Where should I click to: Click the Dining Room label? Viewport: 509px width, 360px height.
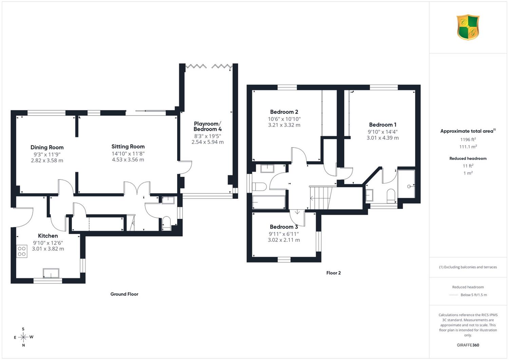pyautogui.click(x=47, y=147)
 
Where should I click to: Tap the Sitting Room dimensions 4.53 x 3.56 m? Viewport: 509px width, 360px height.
pyautogui.click(x=128, y=159)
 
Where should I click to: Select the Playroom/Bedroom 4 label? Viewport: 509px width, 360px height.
pyautogui.click(x=207, y=126)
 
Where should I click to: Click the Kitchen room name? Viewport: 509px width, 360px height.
pyautogui.click(x=48, y=236)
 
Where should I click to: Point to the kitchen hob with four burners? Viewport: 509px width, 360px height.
pyautogui.click(x=22, y=251)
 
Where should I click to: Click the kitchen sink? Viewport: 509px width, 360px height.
pyautogui.click(x=51, y=273)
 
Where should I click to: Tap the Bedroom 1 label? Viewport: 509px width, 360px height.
pyautogui.click(x=383, y=125)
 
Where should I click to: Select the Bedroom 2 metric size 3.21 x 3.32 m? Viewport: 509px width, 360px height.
pyautogui.click(x=284, y=125)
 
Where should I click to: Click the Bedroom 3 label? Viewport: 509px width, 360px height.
pyautogui.click(x=284, y=227)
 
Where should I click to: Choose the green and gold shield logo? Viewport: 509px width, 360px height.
pyautogui.click(x=468, y=27)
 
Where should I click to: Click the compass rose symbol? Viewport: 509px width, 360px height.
pyautogui.click(x=23, y=337)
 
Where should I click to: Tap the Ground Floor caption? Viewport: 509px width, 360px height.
pyautogui.click(x=124, y=294)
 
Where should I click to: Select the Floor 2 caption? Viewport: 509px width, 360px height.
pyautogui.click(x=334, y=273)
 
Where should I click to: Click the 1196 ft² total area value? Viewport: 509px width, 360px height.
pyautogui.click(x=468, y=139)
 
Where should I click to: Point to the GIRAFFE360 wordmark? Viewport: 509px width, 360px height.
pyautogui.click(x=468, y=345)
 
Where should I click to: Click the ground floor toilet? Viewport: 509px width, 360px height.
pyautogui.click(x=167, y=224)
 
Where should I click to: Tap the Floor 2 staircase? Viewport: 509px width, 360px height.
pyautogui.click(x=321, y=198)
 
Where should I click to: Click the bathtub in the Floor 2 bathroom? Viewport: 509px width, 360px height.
pyautogui.click(x=269, y=202)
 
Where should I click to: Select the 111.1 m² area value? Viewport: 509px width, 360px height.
pyautogui.click(x=468, y=147)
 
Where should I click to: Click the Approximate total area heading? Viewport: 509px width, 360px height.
pyautogui.click(x=468, y=131)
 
